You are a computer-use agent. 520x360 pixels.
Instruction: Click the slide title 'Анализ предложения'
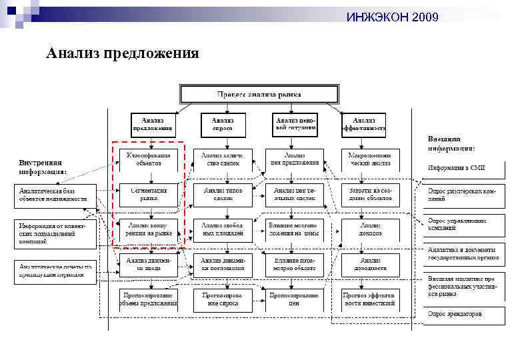(x=123, y=53)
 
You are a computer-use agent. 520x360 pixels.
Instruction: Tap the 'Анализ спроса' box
(x=223, y=123)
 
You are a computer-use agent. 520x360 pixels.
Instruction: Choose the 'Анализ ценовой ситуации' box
(x=295, y=123)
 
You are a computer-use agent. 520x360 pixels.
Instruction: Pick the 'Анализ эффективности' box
(x=364, y=123)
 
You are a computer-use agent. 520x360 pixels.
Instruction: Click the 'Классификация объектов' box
(x=149, y=159)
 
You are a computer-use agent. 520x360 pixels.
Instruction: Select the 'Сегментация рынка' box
(x=149, y=194)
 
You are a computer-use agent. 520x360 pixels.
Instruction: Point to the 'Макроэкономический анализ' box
(x=364, y=159)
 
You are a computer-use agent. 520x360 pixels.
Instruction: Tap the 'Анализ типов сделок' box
(x=223, y=194)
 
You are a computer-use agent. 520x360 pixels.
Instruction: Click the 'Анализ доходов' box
(x=364, y=229)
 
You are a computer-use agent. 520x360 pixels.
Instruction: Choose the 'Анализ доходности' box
(x=364, y=265)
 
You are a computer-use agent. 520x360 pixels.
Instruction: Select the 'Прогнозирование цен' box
(x=294, y=299)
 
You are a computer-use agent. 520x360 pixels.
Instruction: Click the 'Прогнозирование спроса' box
(x=223, y=299)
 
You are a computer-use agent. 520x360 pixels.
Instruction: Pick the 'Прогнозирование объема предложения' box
(x=149, y=299)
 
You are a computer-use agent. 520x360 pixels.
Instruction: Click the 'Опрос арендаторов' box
(x=461, y=314)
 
